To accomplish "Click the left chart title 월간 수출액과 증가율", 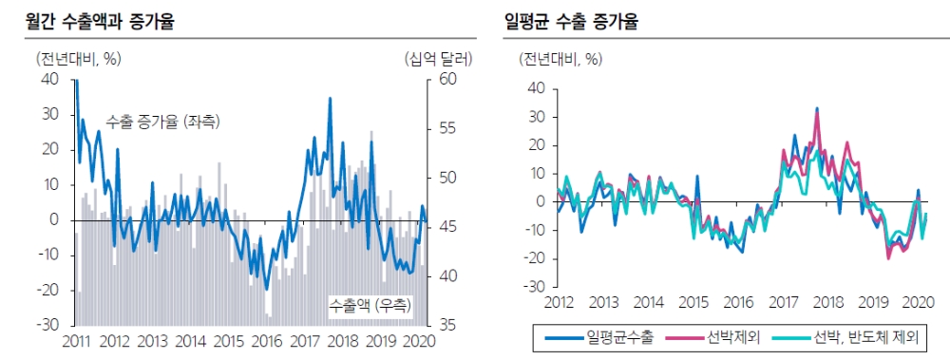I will point(93,20).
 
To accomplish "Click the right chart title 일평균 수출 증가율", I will point(570,20).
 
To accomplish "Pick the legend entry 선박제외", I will point(732,337).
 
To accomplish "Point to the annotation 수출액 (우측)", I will point(371,305).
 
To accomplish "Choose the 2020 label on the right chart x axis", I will point(917,302).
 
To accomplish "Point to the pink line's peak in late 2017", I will point(816,110).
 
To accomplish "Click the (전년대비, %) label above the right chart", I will point(560,59).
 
